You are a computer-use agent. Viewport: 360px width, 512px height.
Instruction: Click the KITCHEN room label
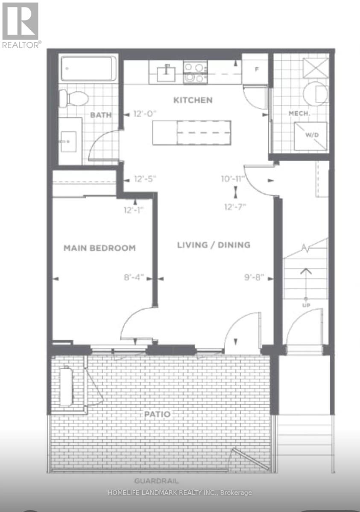pyautogui.click(x=193, y=100)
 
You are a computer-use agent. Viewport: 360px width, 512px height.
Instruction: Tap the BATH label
pyautogui.click(x=101, y=115)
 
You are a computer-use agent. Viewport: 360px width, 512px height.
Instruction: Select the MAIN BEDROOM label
pyautogui.click(x=100, y=248)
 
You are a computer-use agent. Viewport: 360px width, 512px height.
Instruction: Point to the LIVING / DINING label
pyautogui.click(x=214, y=245)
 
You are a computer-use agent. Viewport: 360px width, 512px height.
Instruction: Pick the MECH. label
pyautogui.click(x=299, y=113)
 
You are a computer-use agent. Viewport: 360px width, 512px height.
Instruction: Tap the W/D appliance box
pyautogui.click(x=310, y=136)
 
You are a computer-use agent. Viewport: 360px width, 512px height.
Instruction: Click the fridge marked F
pyautogui.click(x=255, y=69)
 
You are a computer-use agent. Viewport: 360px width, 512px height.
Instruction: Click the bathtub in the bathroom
pyautogui.click(x=88, y=69)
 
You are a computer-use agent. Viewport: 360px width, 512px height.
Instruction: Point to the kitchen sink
pyautogui.click(x=166, y=73)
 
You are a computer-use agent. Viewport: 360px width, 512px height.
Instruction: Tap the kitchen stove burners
pyautogui.click(x=196, y=73)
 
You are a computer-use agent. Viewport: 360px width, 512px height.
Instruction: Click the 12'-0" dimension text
pyautogui.click(x=145, y=114)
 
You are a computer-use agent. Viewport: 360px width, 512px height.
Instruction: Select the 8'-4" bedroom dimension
pyautogui.click(x=134, y=277)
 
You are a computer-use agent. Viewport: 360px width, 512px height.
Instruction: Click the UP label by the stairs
pyautogui.click(x=306, y=305)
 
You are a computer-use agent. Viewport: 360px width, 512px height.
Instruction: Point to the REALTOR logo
pyautogui.click(x=21, y=25)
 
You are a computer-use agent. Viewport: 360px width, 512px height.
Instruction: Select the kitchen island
pyautogui.click(x=192, y=133)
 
